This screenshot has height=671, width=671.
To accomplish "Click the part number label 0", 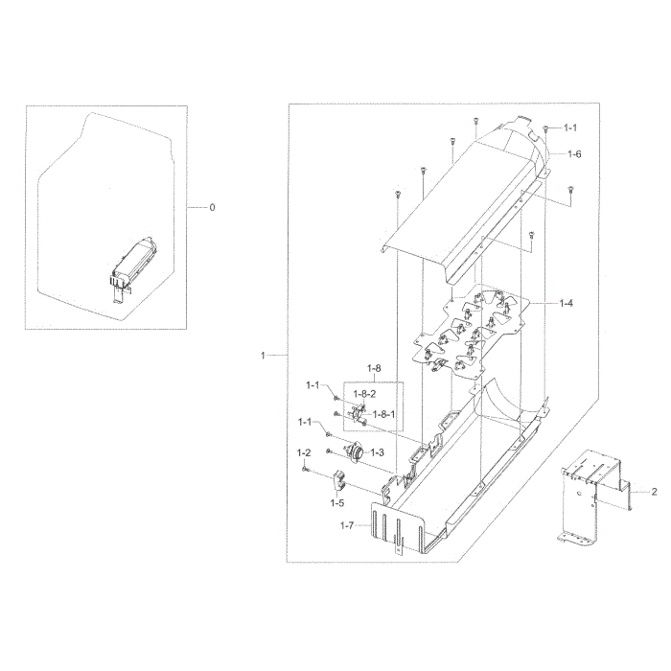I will pos(213,207).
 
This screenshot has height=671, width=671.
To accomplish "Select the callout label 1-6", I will pos(574,154).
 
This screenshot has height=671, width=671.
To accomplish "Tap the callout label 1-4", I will pos(567,303).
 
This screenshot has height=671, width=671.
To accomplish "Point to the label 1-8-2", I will pos(365,394).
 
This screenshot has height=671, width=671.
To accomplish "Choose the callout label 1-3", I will pos(378,451).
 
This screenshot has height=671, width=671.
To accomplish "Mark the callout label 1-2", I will pos(304,451).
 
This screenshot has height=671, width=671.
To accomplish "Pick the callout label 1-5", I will pos(337,502).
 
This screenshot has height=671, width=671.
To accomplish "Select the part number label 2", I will pos(654,492).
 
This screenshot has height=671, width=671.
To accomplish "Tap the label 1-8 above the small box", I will pos(374,367).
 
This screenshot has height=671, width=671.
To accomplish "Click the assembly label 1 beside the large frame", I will pos(264,356).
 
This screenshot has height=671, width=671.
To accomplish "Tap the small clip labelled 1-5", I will pos(340,481).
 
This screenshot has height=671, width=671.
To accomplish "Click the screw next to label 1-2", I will pos(306,469).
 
